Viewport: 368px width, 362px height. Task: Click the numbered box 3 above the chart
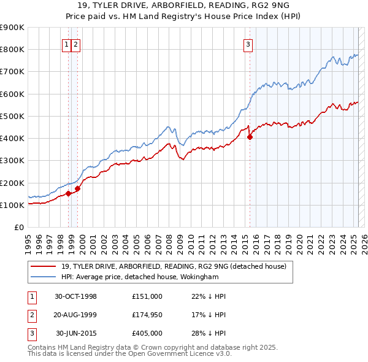point(248,44)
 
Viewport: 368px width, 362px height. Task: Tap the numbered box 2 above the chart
point(75,44)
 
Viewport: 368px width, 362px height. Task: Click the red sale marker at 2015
point(250,137)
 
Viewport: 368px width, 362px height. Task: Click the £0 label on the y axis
point(19,228)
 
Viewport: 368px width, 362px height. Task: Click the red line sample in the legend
point(44,266)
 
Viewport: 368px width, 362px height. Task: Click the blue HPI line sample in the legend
point(44,277)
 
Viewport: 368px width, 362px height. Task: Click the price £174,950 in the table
point(147,315)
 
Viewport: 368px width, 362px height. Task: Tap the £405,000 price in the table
point(147,333)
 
